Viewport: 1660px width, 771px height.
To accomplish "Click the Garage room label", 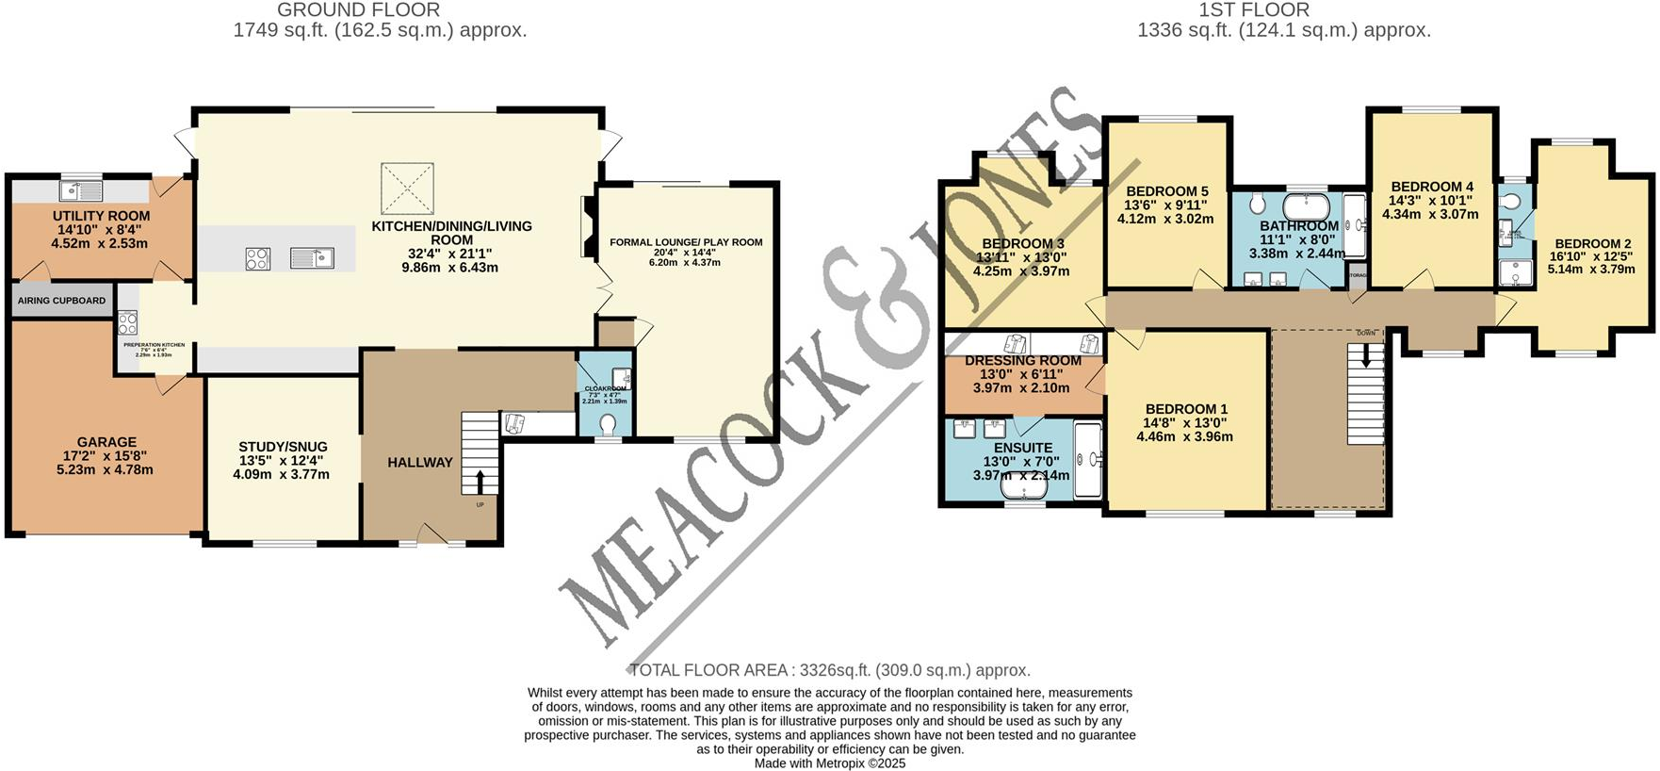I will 106,442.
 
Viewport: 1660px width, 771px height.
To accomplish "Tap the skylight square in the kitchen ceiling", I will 407,189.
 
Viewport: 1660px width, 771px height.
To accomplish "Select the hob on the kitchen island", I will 257,258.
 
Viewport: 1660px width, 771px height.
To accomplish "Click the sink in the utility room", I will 81,190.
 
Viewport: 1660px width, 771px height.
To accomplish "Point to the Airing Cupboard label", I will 61,301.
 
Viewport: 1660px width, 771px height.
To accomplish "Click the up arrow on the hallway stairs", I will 480,482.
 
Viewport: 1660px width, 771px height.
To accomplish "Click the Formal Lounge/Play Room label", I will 686,242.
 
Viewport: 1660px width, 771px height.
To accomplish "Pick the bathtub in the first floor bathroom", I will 1308,205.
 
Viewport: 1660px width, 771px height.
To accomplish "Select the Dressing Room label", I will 1023,361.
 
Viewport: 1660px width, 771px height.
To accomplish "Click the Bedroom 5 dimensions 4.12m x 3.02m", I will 1165,219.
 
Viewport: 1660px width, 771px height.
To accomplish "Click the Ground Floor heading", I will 358,10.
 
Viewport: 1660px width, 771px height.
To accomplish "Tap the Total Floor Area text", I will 829,670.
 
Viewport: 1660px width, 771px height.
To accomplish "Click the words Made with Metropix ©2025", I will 829,763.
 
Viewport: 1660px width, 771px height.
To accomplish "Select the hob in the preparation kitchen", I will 127,322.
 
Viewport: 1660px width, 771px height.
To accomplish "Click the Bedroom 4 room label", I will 1432,187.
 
